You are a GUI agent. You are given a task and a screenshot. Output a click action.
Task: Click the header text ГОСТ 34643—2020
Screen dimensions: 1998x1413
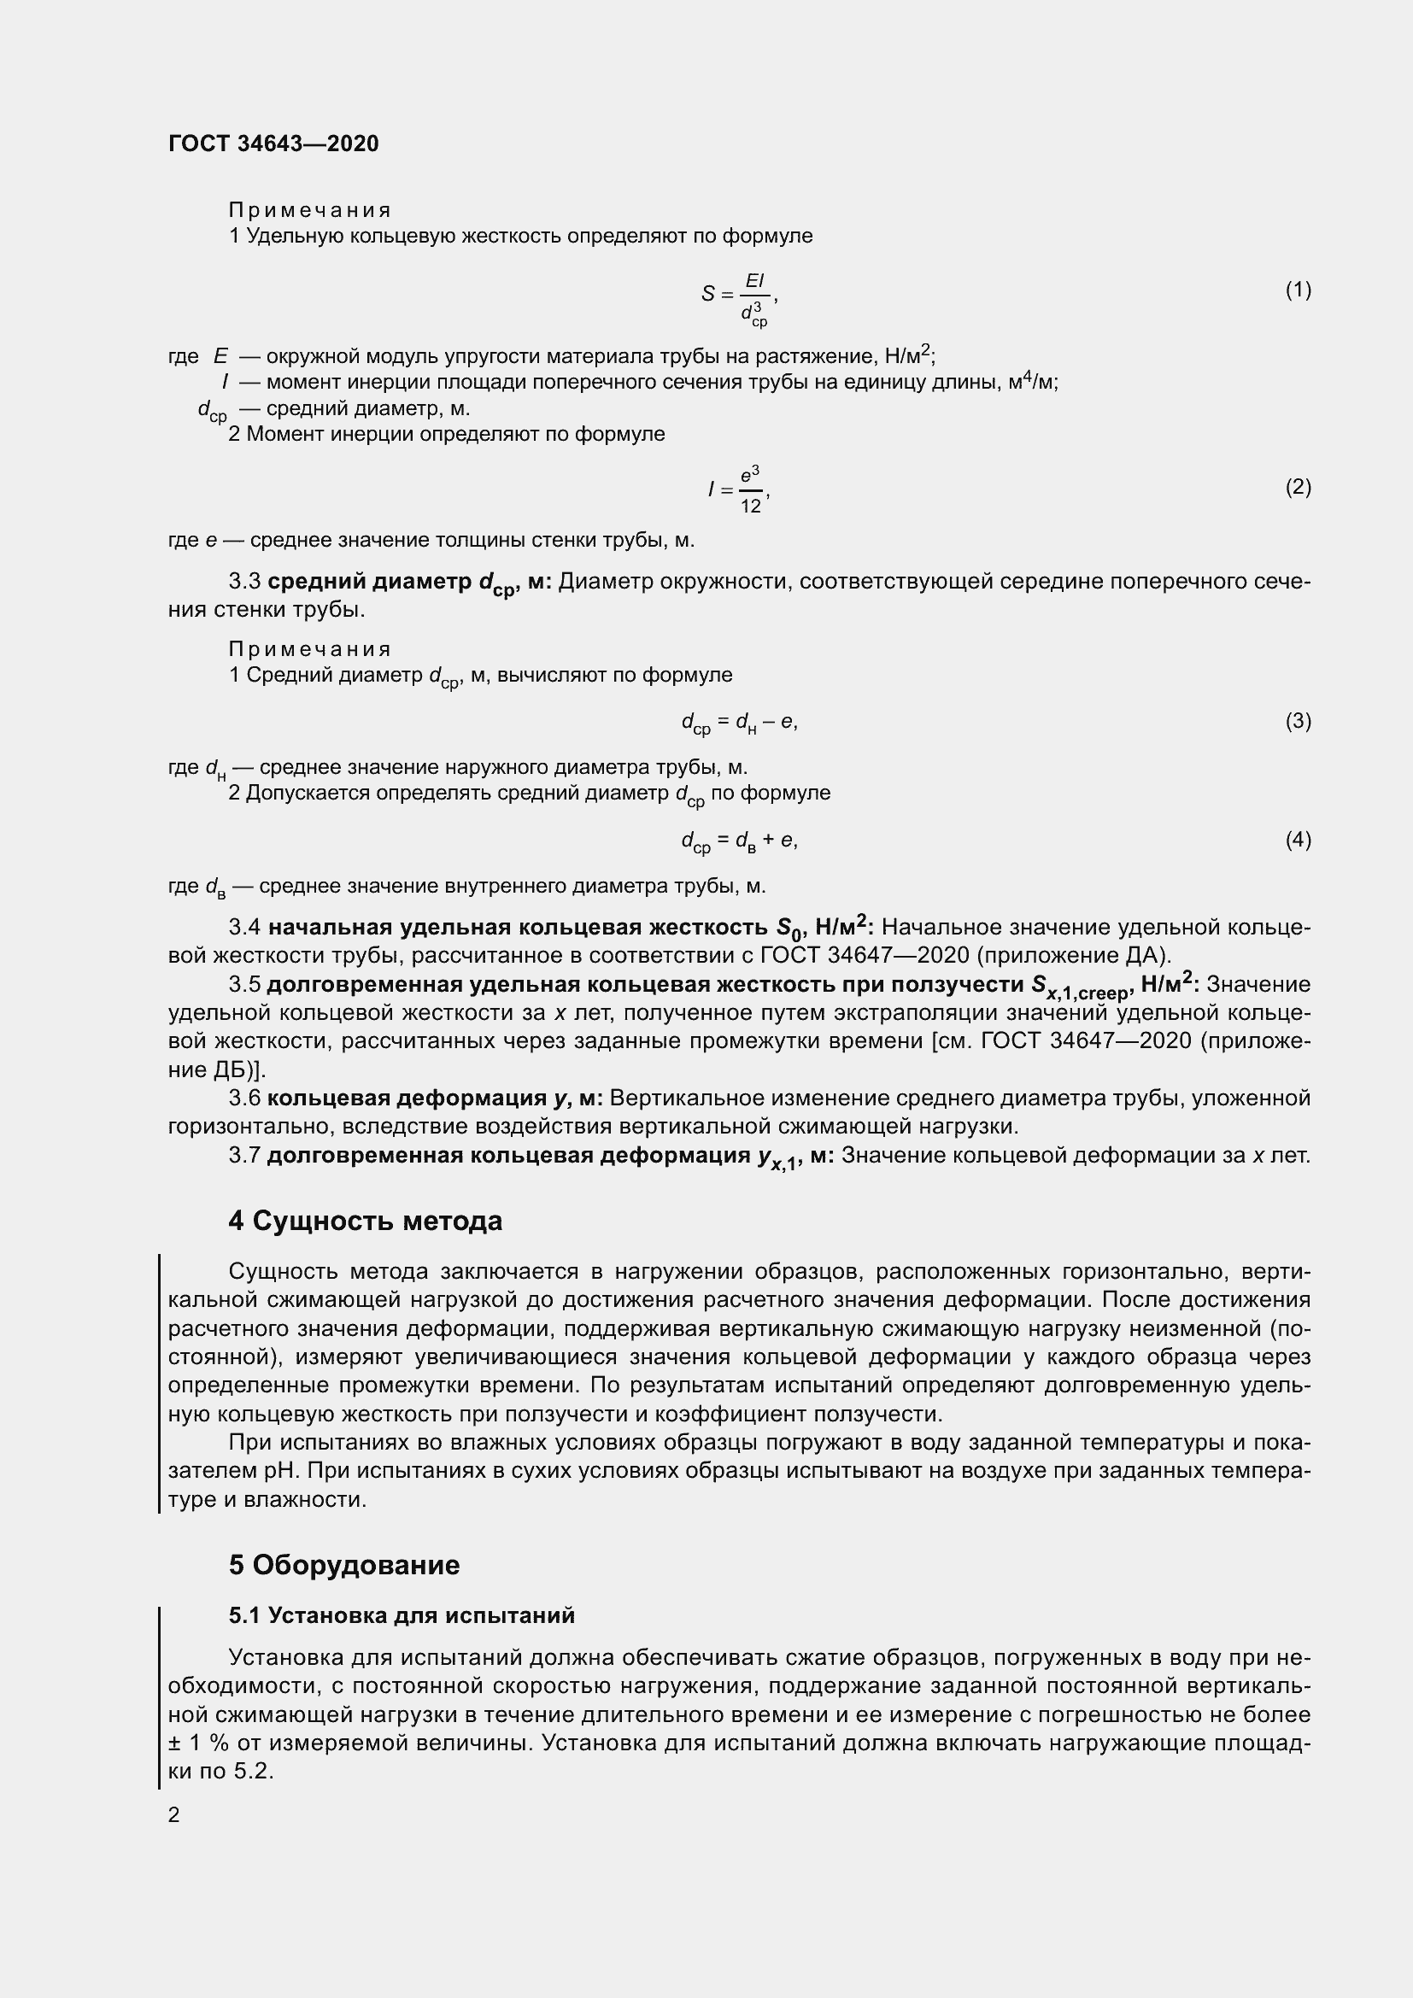coord(273,144)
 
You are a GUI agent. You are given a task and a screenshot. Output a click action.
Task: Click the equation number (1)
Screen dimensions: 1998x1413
coord(1298,290)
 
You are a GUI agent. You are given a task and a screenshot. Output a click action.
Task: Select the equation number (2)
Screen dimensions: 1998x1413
coord(1298,486)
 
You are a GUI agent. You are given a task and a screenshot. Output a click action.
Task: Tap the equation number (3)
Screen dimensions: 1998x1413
coord(1298,721)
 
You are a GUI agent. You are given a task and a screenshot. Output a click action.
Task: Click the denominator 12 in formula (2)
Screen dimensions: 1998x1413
coord(751,507)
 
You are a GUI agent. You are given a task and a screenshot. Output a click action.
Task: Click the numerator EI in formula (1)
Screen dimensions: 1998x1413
coord(753,280)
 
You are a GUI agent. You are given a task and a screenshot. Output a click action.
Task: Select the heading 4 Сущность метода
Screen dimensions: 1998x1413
coord(366,1221)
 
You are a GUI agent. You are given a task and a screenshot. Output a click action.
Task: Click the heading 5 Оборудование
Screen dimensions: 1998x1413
coord(343,1565)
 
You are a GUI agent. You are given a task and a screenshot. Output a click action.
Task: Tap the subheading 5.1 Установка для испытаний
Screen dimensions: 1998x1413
coord(402,1615)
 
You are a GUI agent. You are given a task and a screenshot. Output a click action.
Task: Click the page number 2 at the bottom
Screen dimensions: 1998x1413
coord(174,1815)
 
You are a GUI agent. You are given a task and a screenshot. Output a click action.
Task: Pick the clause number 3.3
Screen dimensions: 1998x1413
coord(244,582)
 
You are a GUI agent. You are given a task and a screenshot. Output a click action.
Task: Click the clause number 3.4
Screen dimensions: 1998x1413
coord(244,928)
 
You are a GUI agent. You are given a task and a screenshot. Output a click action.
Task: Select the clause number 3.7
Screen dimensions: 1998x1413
coord(244,1156)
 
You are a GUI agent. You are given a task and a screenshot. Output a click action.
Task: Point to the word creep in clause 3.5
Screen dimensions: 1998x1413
coord(1101,992)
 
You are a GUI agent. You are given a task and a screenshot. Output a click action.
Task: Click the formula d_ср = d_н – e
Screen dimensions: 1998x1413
coord(739,723)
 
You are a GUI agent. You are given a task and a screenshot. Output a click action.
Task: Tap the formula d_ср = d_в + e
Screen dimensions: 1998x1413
coord(739,841)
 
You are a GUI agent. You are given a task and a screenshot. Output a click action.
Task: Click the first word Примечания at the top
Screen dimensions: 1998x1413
coord(310,210)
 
